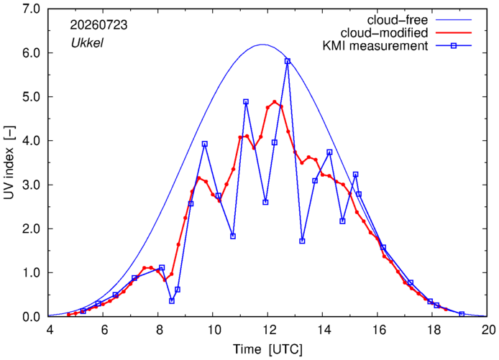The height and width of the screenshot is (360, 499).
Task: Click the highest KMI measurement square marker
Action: pos(288,61)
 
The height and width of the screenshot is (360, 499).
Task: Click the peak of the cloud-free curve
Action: pos(262,45)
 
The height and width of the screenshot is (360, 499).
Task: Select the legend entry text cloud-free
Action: pos(397,20)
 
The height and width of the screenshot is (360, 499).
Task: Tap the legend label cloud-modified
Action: pos(384,33)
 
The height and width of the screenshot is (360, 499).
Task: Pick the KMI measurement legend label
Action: pos(375,46)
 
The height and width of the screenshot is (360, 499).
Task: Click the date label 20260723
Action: pos(99,25)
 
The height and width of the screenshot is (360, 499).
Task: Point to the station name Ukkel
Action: pos(87,42)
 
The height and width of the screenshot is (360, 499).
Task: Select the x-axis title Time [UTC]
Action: pos(267,349)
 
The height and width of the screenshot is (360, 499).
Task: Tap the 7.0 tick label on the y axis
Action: pos(31,9)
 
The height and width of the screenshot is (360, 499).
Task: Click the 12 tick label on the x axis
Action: pos(268,330)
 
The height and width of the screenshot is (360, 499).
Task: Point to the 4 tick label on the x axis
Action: pos(50,330)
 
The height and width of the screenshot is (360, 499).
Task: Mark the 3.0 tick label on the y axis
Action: pos(31,185)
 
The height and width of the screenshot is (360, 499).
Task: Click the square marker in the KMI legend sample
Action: pos(454,46)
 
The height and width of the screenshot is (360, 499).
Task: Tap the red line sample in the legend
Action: pos(454,33)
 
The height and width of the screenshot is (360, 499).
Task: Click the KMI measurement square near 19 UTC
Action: pos(462,314)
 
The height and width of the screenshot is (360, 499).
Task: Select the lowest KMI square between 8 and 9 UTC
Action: pos(172,301)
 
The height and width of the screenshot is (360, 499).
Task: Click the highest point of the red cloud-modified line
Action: pos(275,102)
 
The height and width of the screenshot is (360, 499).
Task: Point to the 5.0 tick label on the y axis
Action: pos(31,97)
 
